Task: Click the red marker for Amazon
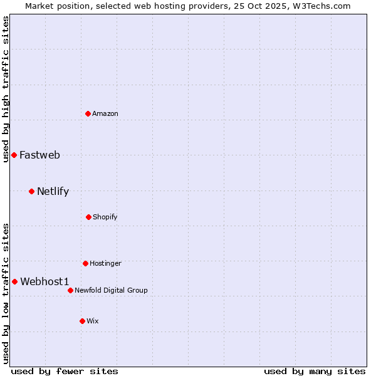coord(88,113)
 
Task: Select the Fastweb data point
coord(14,155)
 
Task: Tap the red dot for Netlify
coord(31,191)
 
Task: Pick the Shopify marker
coord(88,217)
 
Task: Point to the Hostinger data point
coord(85,263)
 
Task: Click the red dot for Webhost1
coord(14,281)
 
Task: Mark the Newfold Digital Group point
coord(70,290)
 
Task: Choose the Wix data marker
coord(82,321)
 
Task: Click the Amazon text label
coord(105,113)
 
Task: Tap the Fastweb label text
coord(39,155)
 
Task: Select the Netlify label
coord(53,192)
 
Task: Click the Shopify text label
coord(105,217)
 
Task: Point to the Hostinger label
coord(105,263)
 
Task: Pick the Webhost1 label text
coord(44,282)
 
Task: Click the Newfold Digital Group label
coord(111,290)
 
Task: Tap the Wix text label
coord(93,321)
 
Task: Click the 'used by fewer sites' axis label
coord(65,371)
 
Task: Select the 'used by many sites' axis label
coord(315,371)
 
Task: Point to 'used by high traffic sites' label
coord(6,89)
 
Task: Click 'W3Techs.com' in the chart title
coord(320,6)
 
